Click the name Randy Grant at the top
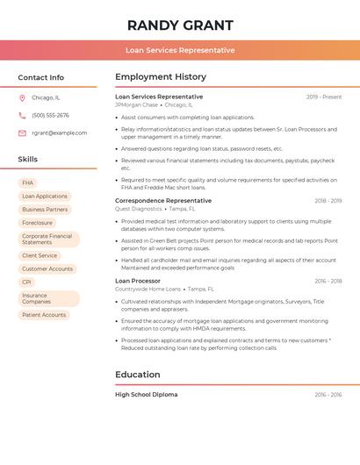[180, 25]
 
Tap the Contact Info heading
[40, 77]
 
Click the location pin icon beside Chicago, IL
[22, 97]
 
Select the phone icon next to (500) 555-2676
[22, 115]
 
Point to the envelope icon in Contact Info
[22, 132]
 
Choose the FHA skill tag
[28, 182]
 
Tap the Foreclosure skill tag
[38, 223]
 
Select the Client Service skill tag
[40, 255]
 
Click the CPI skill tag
[27, 282]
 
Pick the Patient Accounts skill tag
[44, 314]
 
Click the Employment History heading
[161, 76]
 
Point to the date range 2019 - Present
[324, 97]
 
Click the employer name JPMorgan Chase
[136, 104]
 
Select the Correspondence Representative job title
[163, 200]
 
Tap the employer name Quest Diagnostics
[139, 209]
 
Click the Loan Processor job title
[138, 281]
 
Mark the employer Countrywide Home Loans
[148, 289]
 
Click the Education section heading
[138, 375]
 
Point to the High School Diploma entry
[146, 395]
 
